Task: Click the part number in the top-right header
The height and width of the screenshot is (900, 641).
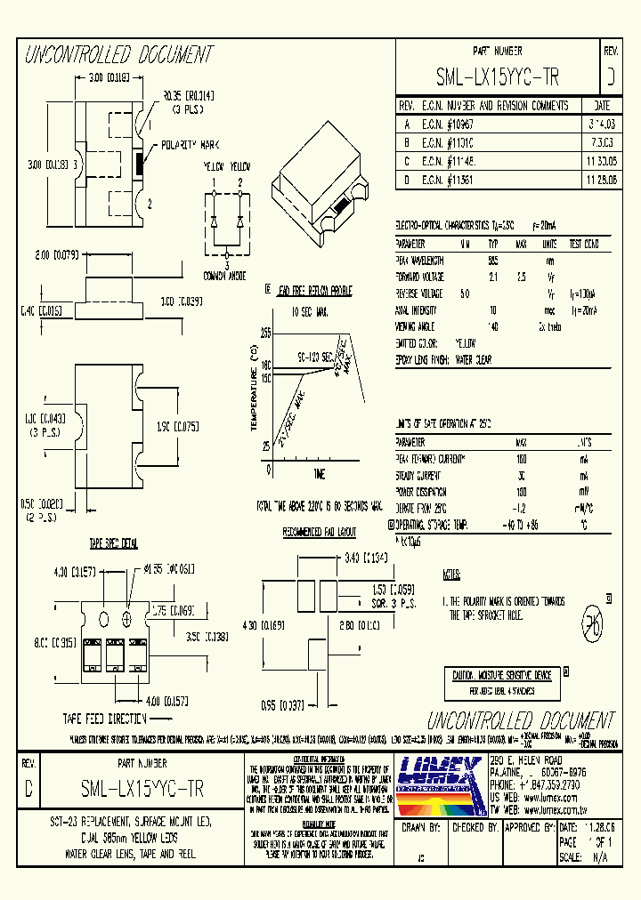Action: click(498, 77)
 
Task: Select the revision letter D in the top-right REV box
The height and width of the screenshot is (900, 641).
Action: click(610, 77)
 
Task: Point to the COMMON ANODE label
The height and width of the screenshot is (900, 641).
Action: click(226, 276)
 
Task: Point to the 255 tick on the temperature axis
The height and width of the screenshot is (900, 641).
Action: click(265, 332)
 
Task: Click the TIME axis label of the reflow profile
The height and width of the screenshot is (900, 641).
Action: click(319, 473)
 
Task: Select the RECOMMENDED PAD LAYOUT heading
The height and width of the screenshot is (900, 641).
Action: click(319, 532)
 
